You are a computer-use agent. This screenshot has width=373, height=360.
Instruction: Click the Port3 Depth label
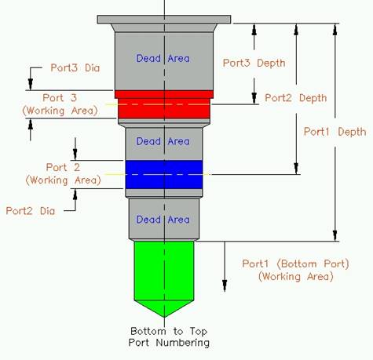point(254,62)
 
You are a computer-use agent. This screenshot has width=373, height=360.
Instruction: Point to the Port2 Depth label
point(295,98)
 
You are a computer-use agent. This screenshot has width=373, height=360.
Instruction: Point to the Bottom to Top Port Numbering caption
point(166,336)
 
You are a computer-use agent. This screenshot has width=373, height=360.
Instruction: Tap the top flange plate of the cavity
point(164,18)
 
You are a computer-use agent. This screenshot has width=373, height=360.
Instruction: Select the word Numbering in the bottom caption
point(184,342)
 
